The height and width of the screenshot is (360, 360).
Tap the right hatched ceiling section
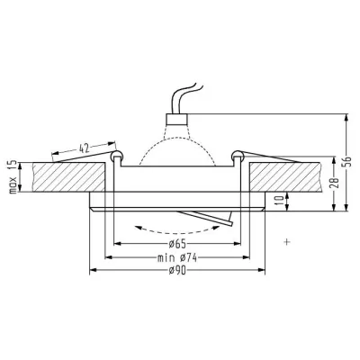[x=288, y=175]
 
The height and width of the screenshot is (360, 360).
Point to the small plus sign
[x=287, y=240]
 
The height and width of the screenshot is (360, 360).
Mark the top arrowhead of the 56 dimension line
[x=346, y=114]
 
